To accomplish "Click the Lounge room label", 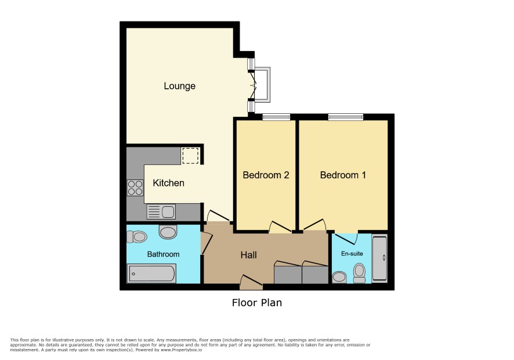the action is coord(180,86).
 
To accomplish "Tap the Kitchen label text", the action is coord(168,183).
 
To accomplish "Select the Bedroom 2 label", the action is coord(266,175).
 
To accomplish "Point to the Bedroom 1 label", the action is coord(343,175).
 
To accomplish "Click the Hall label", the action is coord(248,255).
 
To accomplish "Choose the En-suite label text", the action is coord(352,253).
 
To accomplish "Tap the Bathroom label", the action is coord(163,254).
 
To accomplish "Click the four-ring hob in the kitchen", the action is coord(135,188).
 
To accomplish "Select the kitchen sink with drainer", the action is coord(161,212).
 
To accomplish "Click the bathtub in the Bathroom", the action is coord(151,273).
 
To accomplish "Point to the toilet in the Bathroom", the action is coord(137,236).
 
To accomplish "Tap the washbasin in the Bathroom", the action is coord(168,232).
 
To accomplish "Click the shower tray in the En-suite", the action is coord(379,258).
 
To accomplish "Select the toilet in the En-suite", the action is coord(360,273).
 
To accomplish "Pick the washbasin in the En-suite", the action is coord(339,278).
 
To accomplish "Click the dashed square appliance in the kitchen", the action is coord(190,156).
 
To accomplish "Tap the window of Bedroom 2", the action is coord(276,117).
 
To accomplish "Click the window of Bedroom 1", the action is coord(346,117).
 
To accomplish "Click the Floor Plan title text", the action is coord(257,303).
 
